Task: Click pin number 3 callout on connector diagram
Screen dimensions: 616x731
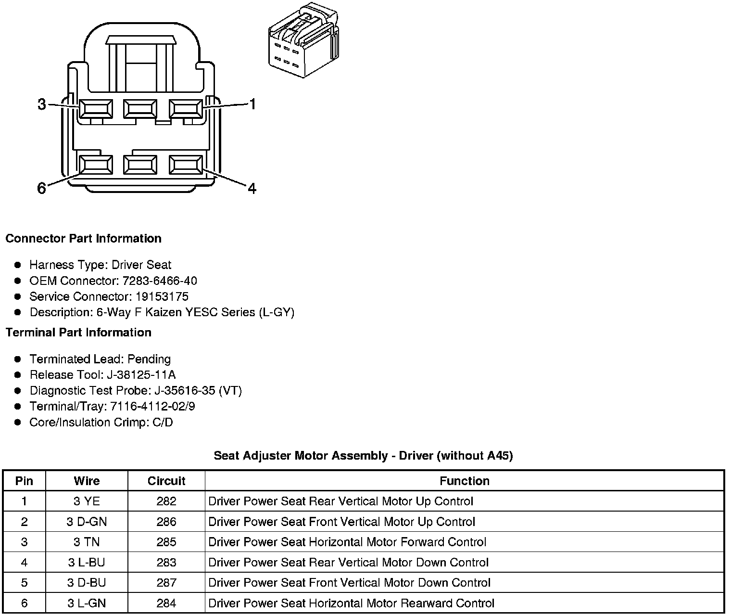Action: [x=42, y=104]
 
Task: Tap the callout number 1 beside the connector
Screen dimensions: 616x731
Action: [x=252, y=104]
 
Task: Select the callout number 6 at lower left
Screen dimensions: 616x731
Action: [x=42, y=188]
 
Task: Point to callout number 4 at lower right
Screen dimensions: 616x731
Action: [x=252, y=188]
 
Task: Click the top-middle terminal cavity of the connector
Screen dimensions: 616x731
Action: [x=140, y=109]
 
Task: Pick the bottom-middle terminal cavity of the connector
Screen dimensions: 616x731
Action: [x=140, y=165]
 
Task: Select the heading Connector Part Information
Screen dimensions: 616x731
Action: [x=83, y=239]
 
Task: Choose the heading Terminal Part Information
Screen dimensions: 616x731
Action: [x=78, y=333]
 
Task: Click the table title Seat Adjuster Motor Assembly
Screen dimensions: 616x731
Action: [x=363, y=455]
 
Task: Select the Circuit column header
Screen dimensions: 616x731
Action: [x=166, y=481]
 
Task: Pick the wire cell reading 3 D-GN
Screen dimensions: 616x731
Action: [x=87, y=522]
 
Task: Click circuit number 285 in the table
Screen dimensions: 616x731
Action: [x=166, y=542]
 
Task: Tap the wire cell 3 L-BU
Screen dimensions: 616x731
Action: [x=87, y=563]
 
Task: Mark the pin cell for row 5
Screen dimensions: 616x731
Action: [x=25, y=583]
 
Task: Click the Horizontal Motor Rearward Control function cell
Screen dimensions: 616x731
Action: [x=351, y=603]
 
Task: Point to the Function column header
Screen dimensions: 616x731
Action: [x=464, y=481]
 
